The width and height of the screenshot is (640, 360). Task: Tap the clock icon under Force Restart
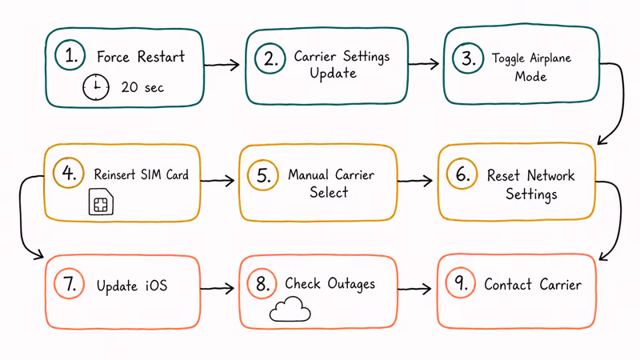coord(96,87)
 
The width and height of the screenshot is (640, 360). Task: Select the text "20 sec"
coord(142,87)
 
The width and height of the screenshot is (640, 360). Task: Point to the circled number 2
coord(270,57)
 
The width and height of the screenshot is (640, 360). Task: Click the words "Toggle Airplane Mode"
coord(531,67)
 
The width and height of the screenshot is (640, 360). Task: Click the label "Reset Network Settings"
coord(530,184)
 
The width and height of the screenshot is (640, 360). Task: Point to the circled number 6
coord(462,175)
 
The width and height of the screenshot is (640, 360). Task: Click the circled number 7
coord(70,285)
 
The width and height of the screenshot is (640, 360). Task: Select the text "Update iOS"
coord(132,286)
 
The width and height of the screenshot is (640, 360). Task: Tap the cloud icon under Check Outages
coord(290,310)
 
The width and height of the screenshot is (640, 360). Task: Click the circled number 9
coord(461,285)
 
